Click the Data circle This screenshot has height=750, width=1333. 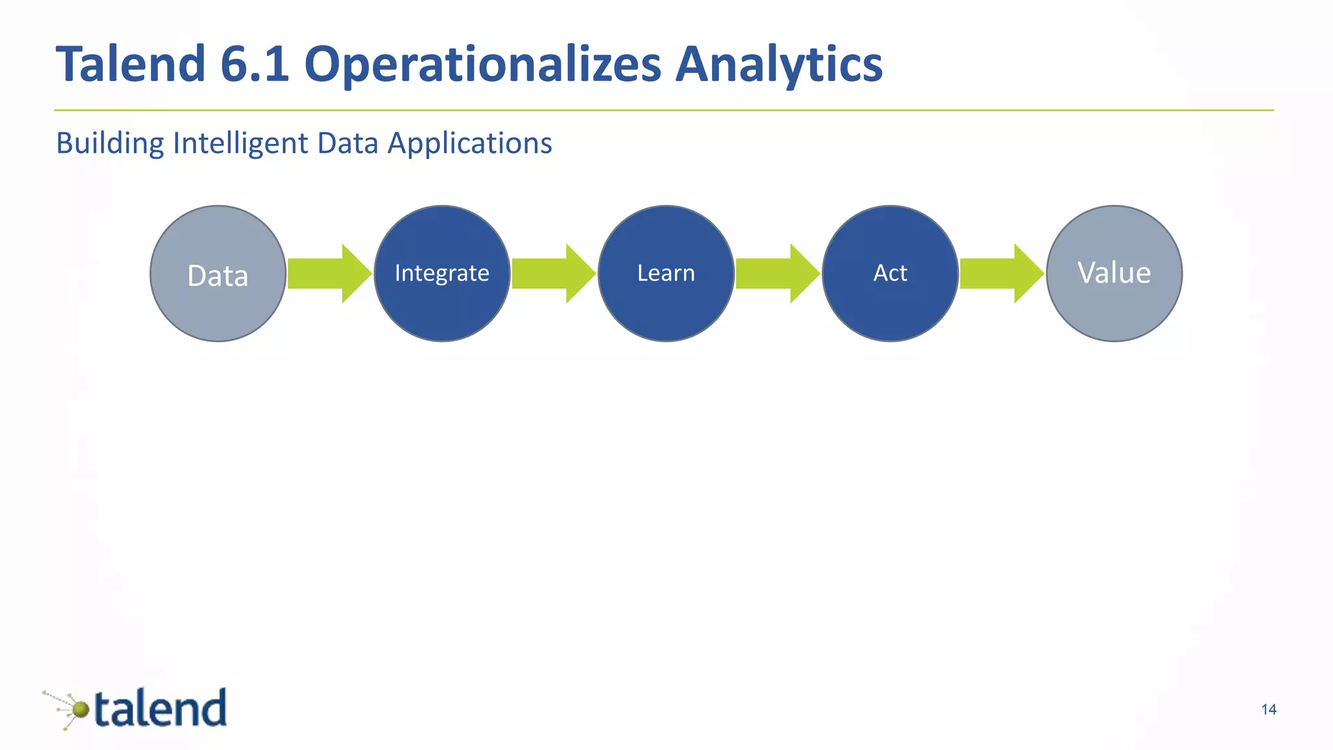coord(218,273)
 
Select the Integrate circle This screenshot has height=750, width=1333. coord(442,273)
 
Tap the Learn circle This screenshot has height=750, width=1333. coord(666,273)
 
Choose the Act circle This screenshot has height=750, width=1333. coord(890,273)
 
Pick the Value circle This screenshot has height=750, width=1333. coord(1114,273)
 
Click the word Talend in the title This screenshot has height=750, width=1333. coord(131,64)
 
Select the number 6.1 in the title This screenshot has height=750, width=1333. coord(254,64)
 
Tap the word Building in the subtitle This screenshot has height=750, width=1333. coord(109,144)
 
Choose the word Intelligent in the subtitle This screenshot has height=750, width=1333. coord(240,144)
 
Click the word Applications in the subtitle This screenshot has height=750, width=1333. coord(470,144)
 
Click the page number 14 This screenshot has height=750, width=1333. coord(1269,710)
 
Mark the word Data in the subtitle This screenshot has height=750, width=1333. coord(348,143)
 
